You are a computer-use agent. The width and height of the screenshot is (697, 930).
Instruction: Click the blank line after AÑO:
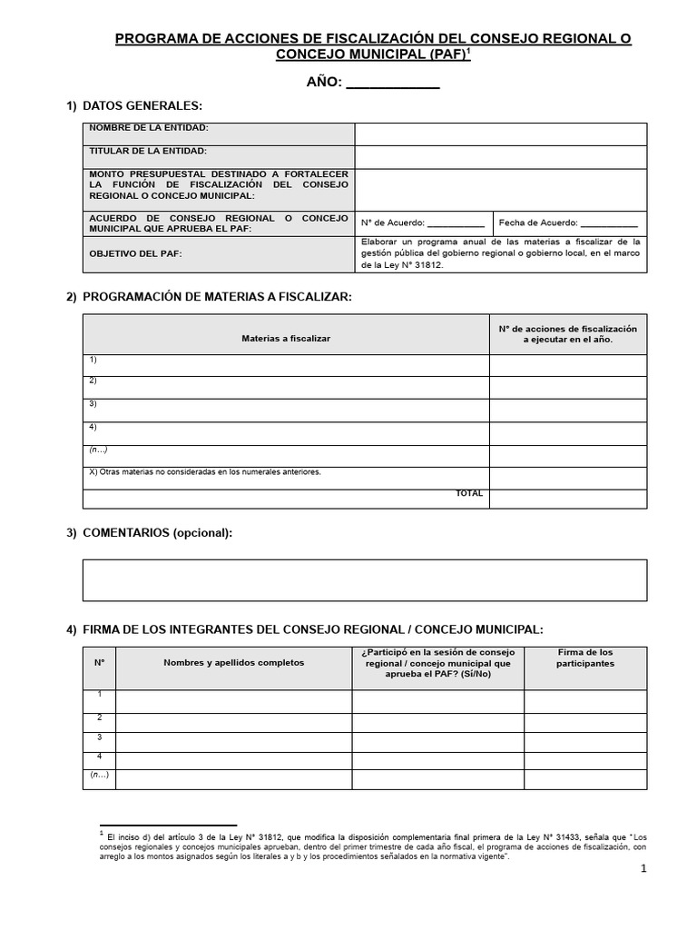(x=393, y=84)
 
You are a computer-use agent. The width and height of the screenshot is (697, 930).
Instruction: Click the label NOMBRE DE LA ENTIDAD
(x=148, y=128)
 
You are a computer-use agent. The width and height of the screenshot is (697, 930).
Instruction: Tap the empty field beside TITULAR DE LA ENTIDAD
(x=500, y=157)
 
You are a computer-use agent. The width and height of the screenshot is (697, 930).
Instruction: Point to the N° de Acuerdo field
(x=423, y=223)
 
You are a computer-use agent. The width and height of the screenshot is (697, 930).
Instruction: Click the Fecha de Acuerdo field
(x=568, y=223)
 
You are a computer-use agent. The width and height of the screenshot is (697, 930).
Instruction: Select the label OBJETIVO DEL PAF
(x=135, y=253)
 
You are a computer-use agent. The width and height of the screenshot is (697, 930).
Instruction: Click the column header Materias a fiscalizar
(x=286, y=338)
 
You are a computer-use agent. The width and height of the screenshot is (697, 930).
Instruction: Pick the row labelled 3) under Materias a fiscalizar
(x=286, y=411)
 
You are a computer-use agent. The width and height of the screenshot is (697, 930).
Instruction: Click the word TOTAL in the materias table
(x=469, y=494)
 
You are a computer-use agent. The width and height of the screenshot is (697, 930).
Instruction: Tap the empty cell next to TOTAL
(x=568, y=498)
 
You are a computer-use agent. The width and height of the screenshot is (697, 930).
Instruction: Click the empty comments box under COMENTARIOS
(x=365, y=579)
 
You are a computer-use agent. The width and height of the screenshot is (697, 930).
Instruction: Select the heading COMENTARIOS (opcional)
(x=157, y=533)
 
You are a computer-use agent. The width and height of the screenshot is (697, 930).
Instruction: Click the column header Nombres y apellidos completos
(x=233, y=662)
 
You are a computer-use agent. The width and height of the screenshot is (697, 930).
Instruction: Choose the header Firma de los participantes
(x=584, y=658)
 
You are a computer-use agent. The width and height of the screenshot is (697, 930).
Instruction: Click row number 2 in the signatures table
(x=99, y=718)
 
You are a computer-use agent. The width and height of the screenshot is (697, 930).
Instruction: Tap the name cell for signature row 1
(x=233, y=701)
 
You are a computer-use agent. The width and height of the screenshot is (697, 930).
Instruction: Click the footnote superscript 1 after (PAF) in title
(x=469, y=51)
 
